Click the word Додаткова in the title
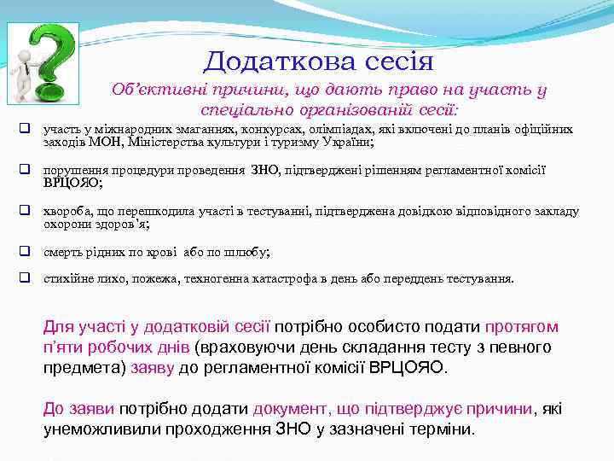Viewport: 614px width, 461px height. click(272, 61)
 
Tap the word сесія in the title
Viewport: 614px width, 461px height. click(394, 61)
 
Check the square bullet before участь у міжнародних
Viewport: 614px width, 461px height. click(26, 129)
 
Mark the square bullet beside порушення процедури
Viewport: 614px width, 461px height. click(26, 170)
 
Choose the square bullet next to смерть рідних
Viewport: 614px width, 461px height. click(26, 252)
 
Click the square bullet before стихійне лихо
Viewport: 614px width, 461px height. click(26, 278)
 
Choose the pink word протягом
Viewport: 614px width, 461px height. click(521, 326)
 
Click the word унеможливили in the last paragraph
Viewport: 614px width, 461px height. click(95, 429)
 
